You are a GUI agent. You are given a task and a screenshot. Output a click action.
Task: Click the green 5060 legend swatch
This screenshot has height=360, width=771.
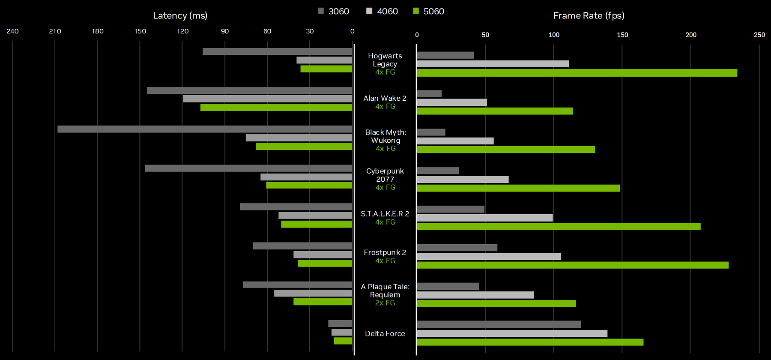[415, 11]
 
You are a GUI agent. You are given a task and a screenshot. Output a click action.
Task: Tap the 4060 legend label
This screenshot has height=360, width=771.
[387, 11]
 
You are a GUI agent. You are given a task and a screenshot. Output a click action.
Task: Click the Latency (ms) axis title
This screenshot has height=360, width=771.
[180, 16]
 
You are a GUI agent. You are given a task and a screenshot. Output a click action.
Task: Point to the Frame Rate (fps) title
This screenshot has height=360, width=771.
[589, 16]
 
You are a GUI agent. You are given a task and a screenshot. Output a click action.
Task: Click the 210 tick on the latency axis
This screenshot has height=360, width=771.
[55, 31]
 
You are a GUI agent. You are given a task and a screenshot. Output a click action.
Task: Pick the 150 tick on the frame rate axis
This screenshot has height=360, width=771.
[622, 35]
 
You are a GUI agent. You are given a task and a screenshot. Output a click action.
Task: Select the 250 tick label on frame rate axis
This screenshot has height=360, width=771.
[759, 35]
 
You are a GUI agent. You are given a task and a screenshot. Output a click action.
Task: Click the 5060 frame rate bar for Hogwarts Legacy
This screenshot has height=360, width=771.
[577, 73]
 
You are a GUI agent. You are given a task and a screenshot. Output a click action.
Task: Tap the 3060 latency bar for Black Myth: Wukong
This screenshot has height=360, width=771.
[205, 129]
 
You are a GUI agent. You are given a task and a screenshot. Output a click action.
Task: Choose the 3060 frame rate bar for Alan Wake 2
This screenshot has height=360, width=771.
[429, 94]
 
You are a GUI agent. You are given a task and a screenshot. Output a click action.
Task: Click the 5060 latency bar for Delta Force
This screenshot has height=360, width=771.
[343, 341]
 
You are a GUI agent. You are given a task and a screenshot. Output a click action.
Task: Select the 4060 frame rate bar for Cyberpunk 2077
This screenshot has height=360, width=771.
[463, 180]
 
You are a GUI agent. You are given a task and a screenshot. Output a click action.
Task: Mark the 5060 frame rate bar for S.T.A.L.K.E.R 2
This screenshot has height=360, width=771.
[559, 227]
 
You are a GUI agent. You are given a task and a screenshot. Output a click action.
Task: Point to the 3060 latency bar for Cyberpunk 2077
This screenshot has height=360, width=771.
[248, 168]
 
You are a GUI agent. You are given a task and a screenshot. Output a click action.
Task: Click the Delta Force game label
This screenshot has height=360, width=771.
[385, 333]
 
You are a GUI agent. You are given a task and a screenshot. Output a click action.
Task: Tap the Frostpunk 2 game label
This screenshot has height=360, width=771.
[385, 252]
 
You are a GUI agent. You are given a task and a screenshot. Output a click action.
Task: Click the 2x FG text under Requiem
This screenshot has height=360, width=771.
[385, 303]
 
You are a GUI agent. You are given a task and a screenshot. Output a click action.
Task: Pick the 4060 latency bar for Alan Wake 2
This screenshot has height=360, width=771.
[267, 99]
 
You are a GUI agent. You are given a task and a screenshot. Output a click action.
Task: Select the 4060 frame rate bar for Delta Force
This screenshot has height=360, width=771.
[512, 333]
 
